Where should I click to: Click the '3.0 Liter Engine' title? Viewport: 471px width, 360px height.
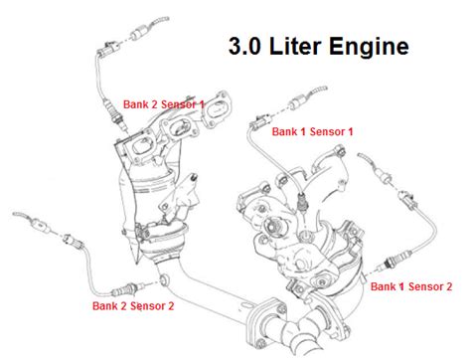click(319, 47)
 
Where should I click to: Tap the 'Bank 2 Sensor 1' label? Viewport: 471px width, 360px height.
click(164, 104)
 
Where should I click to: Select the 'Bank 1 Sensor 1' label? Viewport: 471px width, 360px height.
click(312, 131)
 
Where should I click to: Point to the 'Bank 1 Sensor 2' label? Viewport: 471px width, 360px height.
click(411, 286)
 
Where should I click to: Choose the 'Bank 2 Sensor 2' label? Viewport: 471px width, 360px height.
click(133, 305)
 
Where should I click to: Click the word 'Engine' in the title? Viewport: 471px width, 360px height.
click(369, 48)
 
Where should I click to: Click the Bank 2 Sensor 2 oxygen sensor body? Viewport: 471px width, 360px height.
click(124, 289)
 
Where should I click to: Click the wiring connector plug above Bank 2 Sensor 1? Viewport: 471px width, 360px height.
click(106, 49)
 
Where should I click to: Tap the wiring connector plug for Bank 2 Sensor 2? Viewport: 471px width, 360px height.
click(74, 242)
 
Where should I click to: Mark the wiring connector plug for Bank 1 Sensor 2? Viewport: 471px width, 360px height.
click(406, 200)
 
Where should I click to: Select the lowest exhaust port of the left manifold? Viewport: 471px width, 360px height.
click(142, 146)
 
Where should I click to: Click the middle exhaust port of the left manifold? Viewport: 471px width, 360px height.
click(179, 127)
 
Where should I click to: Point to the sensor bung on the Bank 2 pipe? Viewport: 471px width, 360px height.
click(163, 280)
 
